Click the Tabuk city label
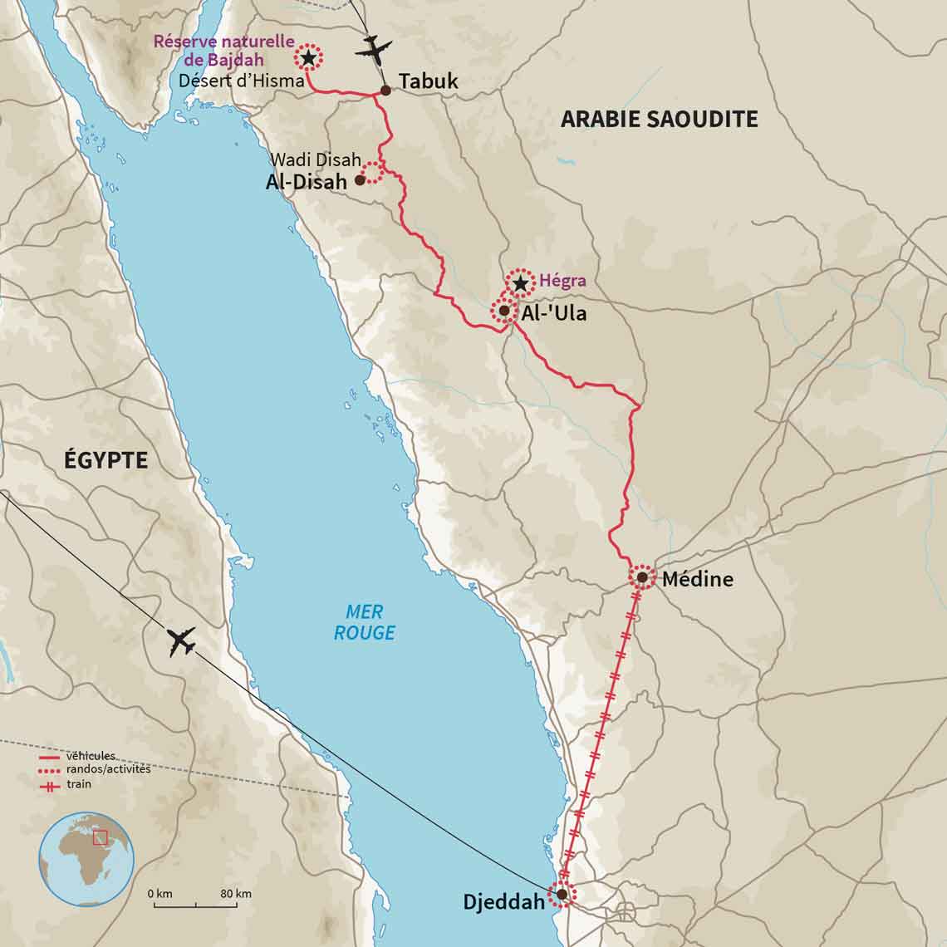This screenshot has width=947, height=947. [x=428, y=81]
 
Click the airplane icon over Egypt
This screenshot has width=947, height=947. [x=181, y=641]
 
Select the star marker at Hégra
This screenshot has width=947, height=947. [x=520, y=284]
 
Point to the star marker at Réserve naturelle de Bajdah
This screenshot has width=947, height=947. [x=308, y=58]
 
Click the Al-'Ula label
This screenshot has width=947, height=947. [x=553, y=313]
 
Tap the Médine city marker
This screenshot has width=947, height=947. [x=642, y=577]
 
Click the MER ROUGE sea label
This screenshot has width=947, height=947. [x=364, y=622]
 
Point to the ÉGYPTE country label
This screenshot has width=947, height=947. [x=105, y=459]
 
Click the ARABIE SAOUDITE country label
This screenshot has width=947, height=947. [x=659, y=119]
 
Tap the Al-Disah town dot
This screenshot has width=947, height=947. [x=360, y=179]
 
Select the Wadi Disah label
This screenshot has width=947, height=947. [x=316, y=159]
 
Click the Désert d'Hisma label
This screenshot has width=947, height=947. [x=241, y=81]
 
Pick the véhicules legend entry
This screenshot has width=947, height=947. [x=90, y=756]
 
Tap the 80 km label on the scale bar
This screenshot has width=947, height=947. [x=236, y=894]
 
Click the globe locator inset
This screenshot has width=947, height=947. [x=87, y=859]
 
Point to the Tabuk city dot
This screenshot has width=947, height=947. [x=385, y=91]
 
